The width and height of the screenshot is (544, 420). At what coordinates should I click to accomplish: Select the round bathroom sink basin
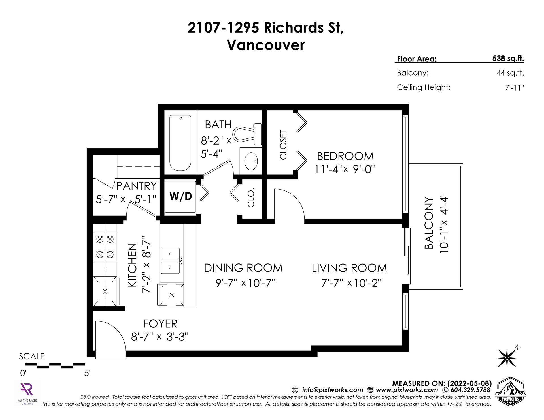[251, 161]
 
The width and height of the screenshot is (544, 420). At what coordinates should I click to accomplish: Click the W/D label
[181, 196]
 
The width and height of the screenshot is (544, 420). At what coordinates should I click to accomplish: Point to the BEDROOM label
[345, 156]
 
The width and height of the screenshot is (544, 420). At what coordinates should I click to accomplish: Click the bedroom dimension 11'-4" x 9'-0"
[345, 169]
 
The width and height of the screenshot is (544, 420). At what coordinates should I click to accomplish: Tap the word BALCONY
[429, 223]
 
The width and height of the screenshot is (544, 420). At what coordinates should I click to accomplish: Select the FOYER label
[160, 323]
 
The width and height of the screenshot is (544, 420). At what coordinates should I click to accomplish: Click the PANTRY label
[137, 186]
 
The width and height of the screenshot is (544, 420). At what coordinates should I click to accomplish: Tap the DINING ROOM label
[243, 268]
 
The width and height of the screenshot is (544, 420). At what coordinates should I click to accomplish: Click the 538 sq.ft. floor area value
[508, 59]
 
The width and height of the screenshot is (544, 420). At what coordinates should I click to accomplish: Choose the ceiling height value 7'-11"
[513, 87]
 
